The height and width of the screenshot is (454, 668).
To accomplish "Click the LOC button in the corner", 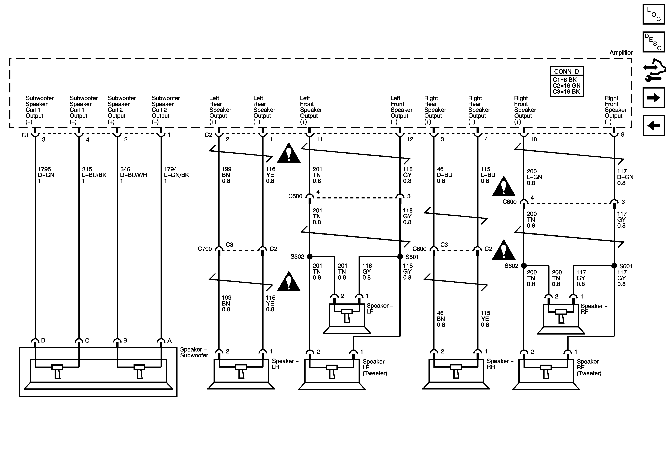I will tap(653, 14).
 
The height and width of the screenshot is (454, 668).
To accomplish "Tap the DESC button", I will tap(653, 42).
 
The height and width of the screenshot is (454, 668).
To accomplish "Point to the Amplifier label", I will tap(621, 53).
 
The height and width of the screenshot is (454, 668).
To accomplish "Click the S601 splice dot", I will tap(614, 265).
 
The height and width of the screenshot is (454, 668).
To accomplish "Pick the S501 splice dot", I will tap(400, 256).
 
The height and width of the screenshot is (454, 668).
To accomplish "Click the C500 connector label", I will tap(295, 196).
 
